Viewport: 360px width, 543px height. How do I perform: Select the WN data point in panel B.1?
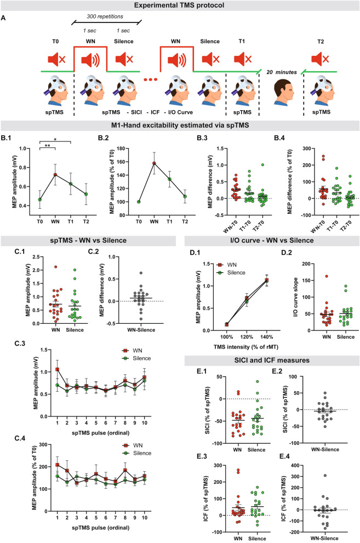click(55, 175)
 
